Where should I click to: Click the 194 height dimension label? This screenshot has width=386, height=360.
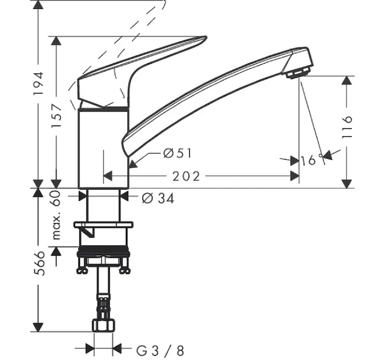(38, 83)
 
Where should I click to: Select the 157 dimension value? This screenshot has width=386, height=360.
(56, 116)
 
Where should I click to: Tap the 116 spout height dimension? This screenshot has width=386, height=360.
(347, 127)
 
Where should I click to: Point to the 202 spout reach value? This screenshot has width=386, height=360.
(186, 176)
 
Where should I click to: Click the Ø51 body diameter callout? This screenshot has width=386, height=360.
(177, 154)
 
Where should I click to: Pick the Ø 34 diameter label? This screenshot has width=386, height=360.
(158, 199)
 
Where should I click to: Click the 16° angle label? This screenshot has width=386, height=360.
(312, 160)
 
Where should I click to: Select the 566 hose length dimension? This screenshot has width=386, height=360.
(40, 263)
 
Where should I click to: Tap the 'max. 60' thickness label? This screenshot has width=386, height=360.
(56, 215)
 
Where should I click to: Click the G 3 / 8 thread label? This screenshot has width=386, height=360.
(160, 350)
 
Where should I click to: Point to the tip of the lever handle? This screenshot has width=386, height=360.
(206, 37)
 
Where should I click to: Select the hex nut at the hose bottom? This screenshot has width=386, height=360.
(104, 325)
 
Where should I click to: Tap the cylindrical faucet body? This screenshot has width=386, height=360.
(103, 148)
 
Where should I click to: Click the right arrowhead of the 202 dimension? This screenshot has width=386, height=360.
(295, 176)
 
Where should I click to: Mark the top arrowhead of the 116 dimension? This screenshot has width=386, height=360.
(347, 80)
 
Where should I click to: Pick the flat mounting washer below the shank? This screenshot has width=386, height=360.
(103, 224)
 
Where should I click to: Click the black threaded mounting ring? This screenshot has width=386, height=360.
(103, 252)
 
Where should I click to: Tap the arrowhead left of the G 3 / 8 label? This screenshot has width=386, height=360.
(90, 348)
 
